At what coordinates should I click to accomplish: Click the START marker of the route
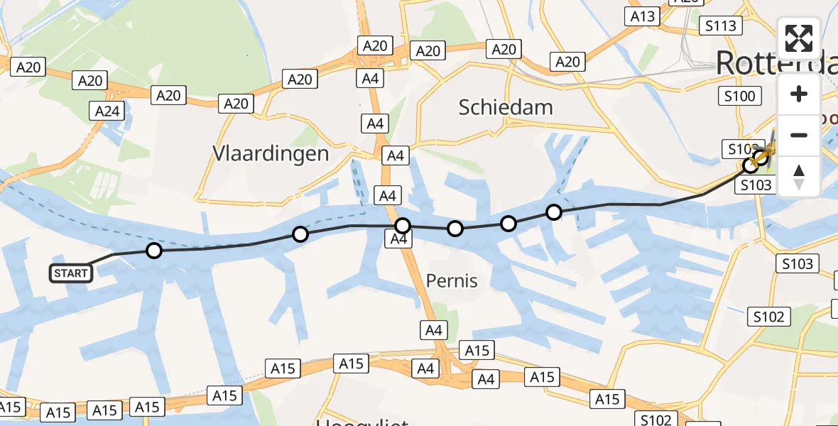71,273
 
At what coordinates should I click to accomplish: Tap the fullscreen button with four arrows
799,38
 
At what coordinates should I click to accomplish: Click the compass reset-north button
799,177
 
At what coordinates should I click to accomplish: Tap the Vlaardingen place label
271,153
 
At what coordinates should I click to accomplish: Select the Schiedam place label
506,107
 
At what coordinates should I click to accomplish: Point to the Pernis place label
452,281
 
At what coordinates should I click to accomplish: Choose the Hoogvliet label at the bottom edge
362,422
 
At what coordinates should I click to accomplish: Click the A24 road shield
108,111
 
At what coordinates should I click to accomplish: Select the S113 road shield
720,26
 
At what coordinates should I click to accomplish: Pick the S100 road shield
740,95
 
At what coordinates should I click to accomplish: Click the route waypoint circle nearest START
154,250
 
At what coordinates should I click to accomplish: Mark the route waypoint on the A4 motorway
403,226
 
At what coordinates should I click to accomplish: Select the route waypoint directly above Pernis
455,229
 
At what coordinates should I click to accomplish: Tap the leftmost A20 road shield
28,67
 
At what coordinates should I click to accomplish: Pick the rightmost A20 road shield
567,62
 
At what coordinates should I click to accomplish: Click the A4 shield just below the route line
399,240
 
